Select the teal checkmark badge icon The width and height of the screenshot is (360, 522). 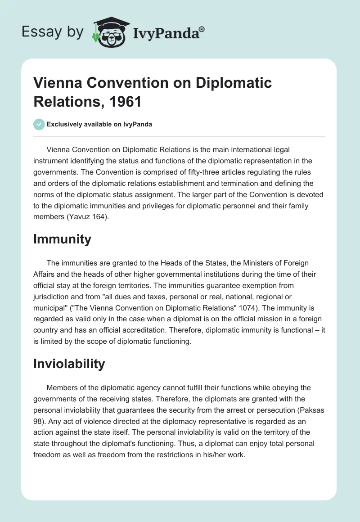click(x=39, y=124)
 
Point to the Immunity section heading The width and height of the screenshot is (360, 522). click(x=62, y=239)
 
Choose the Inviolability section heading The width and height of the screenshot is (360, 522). click(x=69, y=364)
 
